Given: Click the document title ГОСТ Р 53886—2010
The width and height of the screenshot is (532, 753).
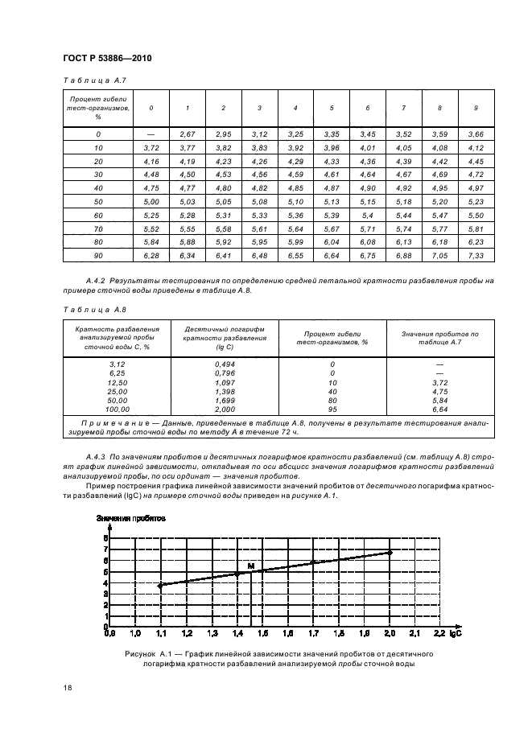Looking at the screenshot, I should click(107, 59).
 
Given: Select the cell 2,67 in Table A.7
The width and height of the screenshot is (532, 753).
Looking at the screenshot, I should click(188, 134).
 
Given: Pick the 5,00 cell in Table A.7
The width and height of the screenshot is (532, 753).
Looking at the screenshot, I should click(151, 201).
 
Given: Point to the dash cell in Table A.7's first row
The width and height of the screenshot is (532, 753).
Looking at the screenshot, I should click(151, 134).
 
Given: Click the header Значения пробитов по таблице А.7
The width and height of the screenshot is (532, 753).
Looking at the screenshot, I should click(439, 336).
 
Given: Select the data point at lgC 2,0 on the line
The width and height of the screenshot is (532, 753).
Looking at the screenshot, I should click(390, 553).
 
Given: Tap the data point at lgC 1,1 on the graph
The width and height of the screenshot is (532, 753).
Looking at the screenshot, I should click(160, 586).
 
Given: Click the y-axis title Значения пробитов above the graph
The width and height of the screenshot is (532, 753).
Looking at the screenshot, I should click(131, 519).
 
